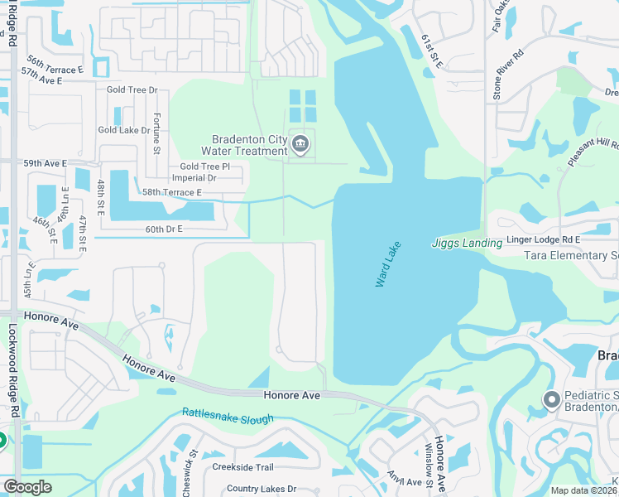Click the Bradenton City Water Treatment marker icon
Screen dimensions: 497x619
[300, 146]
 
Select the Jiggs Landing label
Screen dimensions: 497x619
[467, 243]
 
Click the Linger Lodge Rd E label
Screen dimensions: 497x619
[544, 239]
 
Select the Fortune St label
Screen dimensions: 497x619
[156, 133]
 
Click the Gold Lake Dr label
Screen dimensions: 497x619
[124, 130]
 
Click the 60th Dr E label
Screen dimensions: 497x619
[163, 229]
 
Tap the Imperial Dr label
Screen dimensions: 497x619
[193, 177]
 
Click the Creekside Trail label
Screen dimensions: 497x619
[242, 467]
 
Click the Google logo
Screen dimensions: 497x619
[27, 487]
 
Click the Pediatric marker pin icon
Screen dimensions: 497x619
[551, 402]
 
